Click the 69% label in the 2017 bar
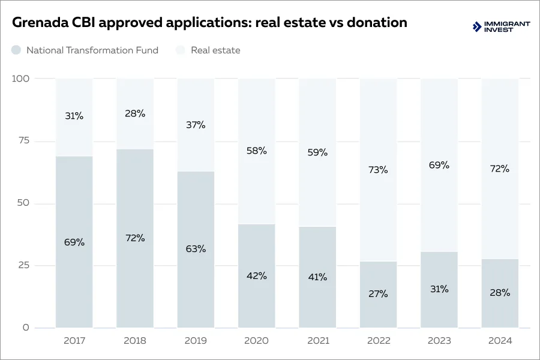[x=74, y=242]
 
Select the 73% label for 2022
[x=378, y=170]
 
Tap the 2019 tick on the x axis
[x=196, y=341]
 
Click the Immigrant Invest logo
[x=502, y=26]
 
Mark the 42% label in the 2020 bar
[x=256, y=276]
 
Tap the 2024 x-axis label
[x=500, y=341]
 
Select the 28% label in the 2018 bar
[x=135, y=113]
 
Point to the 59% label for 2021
[x=317, y=152]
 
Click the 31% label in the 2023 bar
[x=439, y=289]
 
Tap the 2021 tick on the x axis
[x=317, y=341]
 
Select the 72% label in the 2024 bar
[x=500, y=169]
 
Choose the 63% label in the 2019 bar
[x=196, y=248]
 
